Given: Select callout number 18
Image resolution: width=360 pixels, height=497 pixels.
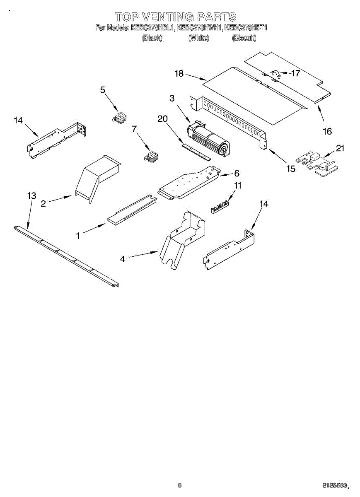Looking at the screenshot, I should point(179,73).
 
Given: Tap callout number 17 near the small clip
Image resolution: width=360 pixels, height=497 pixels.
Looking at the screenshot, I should point(295,73).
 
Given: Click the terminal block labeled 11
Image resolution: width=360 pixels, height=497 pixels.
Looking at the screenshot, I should point(219,206).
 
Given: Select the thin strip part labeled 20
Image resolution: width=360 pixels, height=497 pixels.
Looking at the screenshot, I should point(197,151).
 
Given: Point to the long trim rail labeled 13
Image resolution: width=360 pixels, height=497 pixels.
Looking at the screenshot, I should point(66,255).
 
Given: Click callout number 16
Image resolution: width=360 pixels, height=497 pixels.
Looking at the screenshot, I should point(327,131).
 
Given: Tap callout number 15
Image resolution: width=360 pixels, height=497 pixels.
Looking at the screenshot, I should point(291,169).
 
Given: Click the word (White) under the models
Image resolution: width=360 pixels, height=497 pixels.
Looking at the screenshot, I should point(199,38).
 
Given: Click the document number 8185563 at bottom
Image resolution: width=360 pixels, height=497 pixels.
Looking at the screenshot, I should point(336,485).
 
